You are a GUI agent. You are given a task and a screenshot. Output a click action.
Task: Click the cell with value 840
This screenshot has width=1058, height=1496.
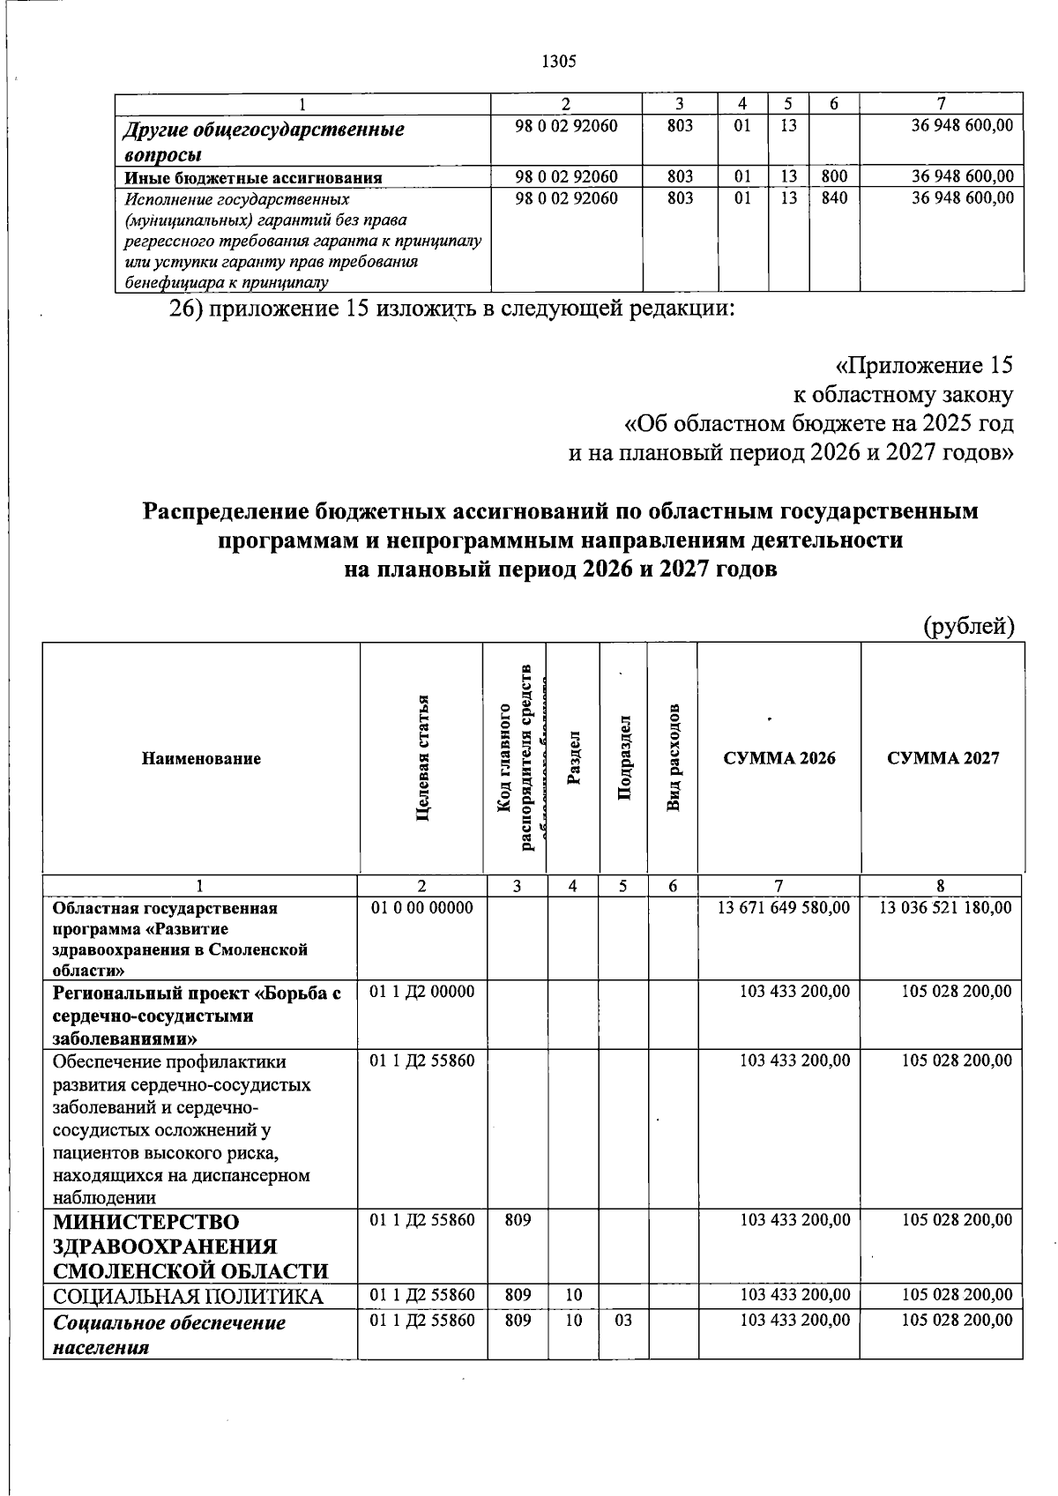pyautogui.click(x=833, y=198)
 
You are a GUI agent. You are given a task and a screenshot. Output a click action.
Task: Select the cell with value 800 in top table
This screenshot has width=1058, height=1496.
pyautogui.click(x=833, y=177)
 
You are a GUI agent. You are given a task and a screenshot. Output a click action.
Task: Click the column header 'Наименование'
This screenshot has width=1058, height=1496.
pyautogui.click(x=201, y=758)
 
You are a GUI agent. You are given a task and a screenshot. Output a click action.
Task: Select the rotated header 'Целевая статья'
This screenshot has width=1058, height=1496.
pyautogui.click(x=422, y=758)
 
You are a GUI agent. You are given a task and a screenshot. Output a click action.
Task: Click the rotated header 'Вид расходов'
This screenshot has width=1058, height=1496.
pyautogui.click(x=673, y=758)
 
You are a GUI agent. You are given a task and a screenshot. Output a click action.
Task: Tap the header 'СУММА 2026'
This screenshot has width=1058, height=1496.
pyautogui.click(x=779, y=758)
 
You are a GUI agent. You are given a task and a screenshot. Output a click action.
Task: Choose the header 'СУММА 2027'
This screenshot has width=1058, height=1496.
pyautogui.click(x=943, y=758)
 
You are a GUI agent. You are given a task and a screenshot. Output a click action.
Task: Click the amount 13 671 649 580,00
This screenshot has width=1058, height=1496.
pyautogui.click(x=784, y=907)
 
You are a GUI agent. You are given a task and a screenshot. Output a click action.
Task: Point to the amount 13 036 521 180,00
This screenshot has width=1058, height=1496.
pyautogui.click(x=945, y=907)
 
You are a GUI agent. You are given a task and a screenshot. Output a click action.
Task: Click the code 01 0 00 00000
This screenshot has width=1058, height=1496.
pyautogui.click(x=421, y=907)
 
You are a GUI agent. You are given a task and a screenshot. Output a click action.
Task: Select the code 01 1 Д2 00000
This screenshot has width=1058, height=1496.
pyautogui.click(x=421, y=992)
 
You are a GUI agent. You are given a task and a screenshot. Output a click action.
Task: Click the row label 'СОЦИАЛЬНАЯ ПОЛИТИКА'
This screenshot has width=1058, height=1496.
pyautogui.click(x=188, y=1296)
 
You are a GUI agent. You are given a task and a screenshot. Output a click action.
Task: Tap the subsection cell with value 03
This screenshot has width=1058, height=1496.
pyautogui.click(x=622, y=1321)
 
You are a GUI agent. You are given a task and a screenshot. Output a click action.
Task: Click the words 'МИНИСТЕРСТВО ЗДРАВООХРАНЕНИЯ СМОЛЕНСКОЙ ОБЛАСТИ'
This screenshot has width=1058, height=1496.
pyautogui.click(x=190, y=1247)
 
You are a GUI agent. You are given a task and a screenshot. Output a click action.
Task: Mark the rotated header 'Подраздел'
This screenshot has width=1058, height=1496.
pyautogui.click(x=623, y=758)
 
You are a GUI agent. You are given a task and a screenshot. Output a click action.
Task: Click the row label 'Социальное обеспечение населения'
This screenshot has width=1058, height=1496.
pyautogui.click(x=169, y=1335)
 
